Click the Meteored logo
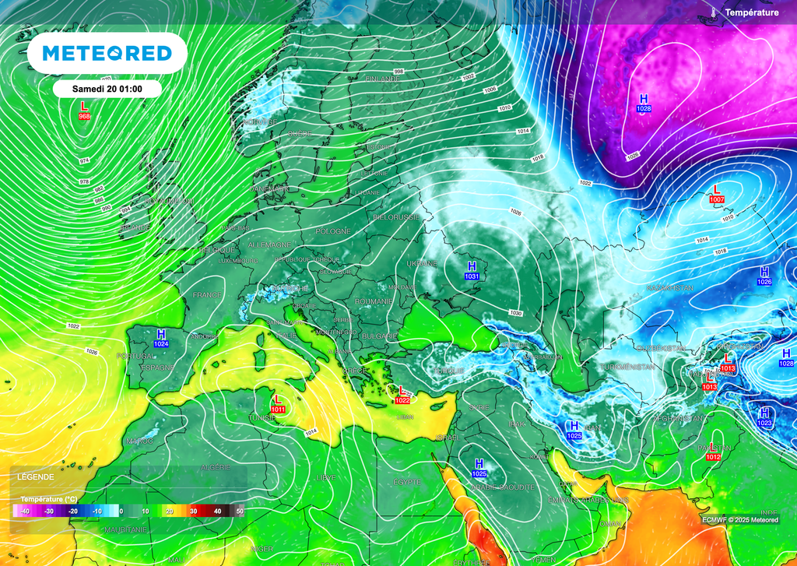(x=107, y=53)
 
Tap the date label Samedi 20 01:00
(x=107, y=89)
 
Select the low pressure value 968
(x=84, y=116)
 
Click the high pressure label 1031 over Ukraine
(x=471, y=276)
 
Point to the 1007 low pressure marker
(x=717, y=200)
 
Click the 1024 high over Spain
(x=162, y=343)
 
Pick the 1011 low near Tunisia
(x=278, y=408)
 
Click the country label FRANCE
(x=208, y=295)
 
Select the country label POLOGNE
(x=333, y=232)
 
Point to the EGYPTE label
(x=407, y=482)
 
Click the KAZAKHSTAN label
(x=669, y=288)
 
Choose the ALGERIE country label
(x=215, y=467)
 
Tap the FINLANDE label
(x=382, y=79)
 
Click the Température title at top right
(x=751, y=12)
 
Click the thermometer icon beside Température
(x=713, y=12)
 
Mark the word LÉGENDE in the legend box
(x=36, y=476)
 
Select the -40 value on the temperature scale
(x=25, y=511)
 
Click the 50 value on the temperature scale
(x=240, y=511)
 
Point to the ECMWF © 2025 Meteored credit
(x=739, y=520)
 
